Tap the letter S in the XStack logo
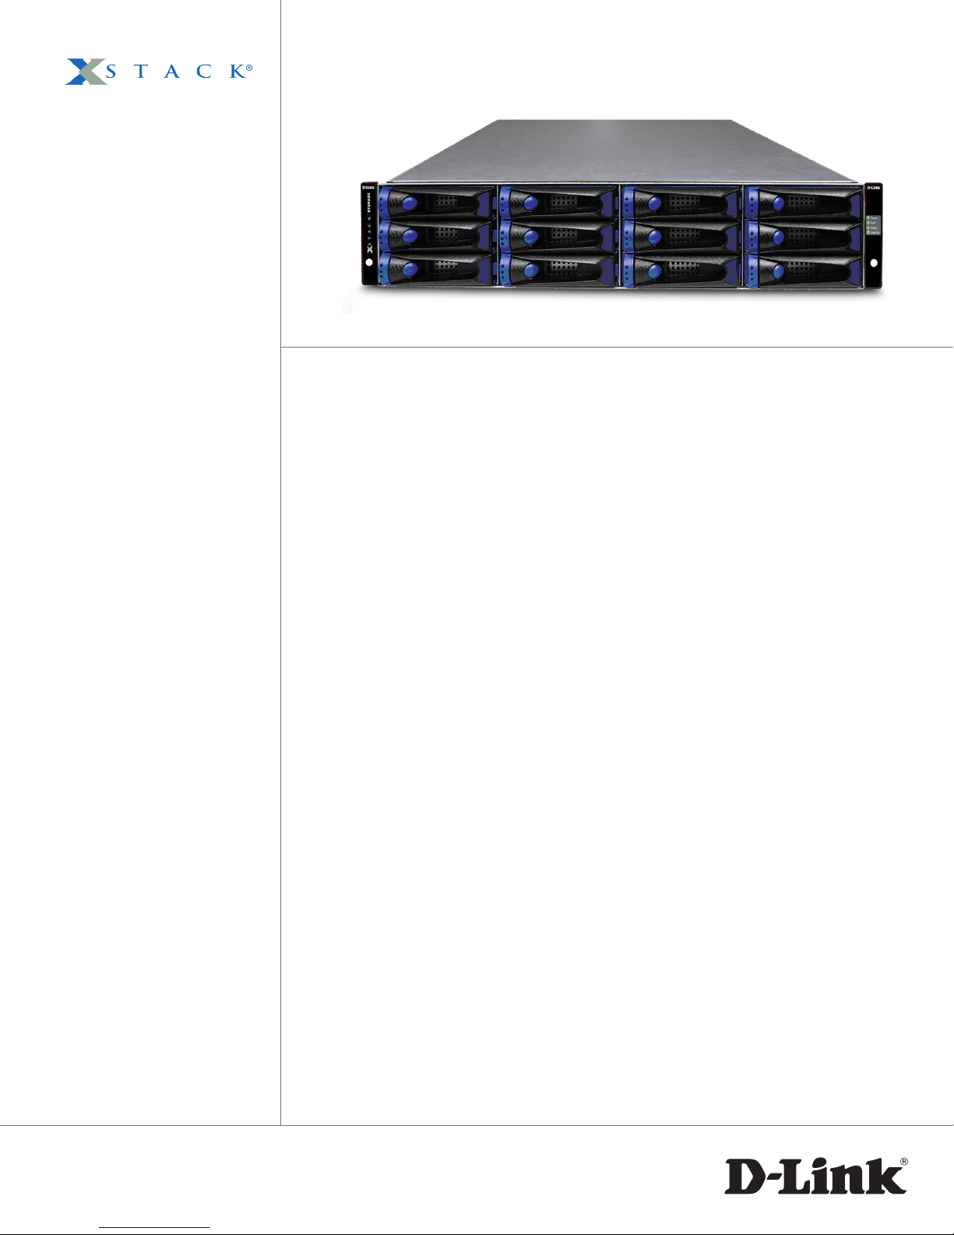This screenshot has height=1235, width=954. click(x=111, y=72)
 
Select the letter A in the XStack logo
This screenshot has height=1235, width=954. click(x=172, y=72)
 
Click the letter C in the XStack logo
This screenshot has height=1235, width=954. click(x=204, y=72)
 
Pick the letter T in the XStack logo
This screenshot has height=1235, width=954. click(x=141, y=72)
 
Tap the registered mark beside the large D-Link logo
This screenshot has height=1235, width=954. click(x=904, y=1162)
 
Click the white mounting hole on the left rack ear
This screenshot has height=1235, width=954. click(x=368, y=263)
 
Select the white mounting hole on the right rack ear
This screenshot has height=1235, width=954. click(x=874, y=263)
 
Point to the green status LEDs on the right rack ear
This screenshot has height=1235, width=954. click(x=869, y=225)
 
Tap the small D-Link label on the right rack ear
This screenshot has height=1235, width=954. click(x=874, y=188)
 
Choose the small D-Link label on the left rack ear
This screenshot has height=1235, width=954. click(x=368, y=188)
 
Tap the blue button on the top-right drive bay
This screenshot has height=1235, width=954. click(x=778, y=205)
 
